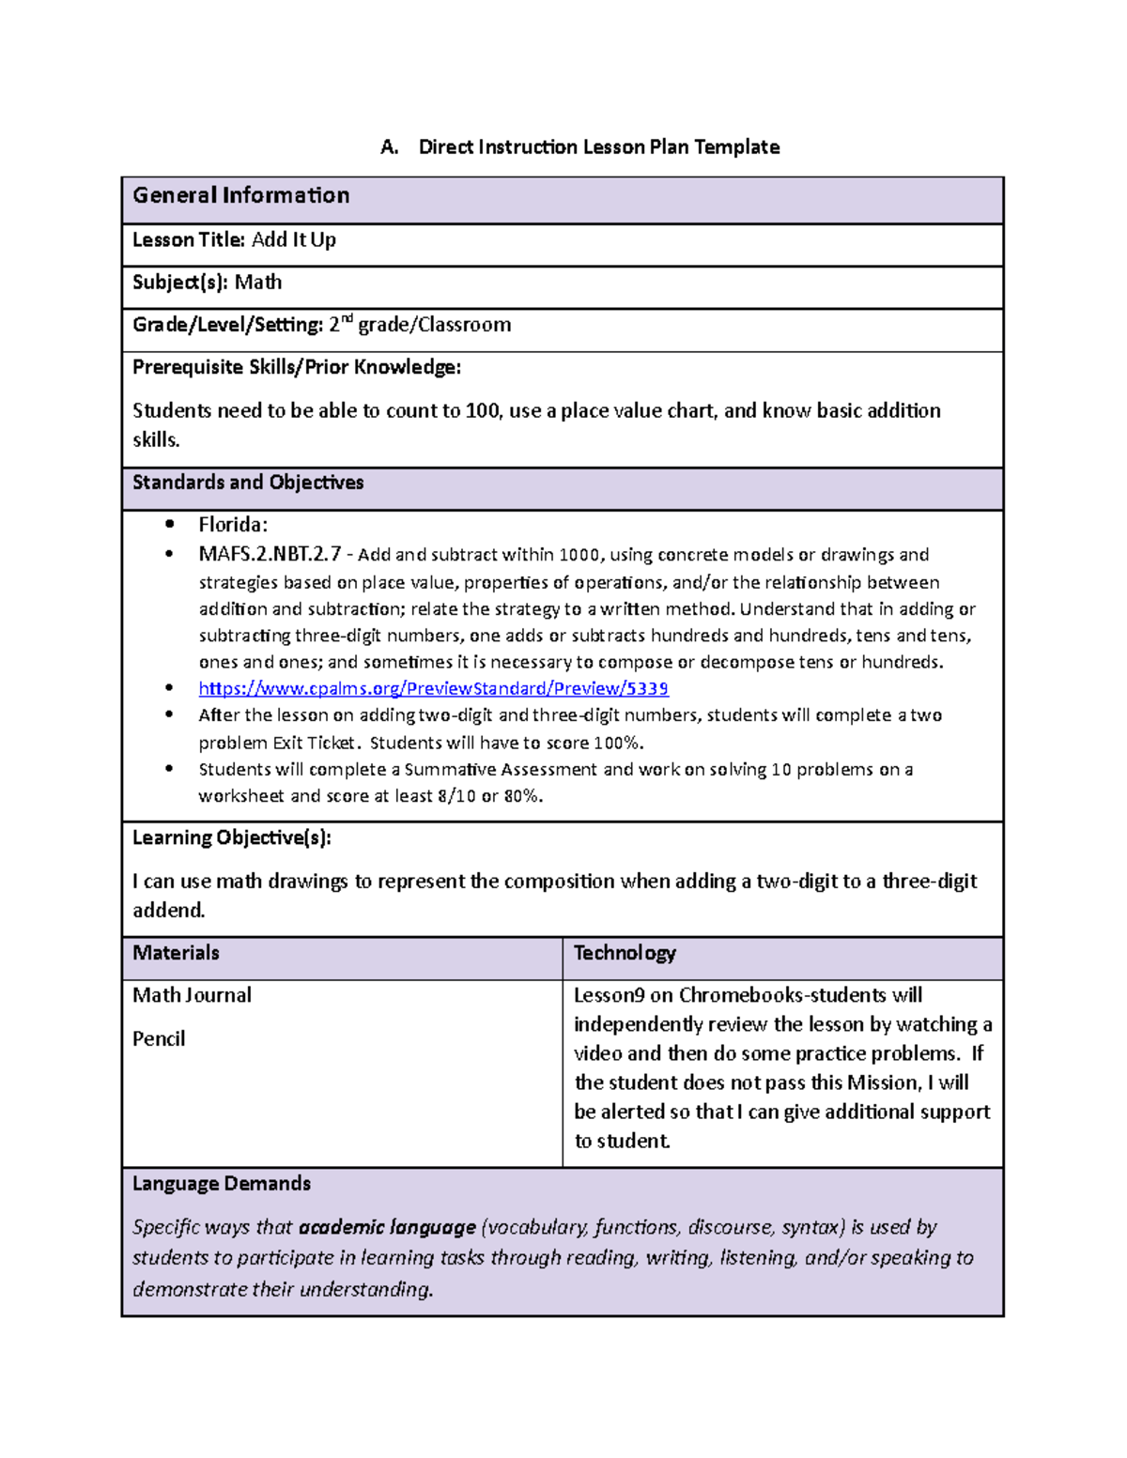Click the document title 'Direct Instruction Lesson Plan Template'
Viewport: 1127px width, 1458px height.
598,147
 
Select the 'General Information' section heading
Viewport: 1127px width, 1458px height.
240,195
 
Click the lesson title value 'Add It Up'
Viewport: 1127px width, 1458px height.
293,240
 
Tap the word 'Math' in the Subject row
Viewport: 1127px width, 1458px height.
258,283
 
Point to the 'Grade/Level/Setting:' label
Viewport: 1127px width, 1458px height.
227,325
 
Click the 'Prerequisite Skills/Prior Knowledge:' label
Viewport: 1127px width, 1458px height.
297,367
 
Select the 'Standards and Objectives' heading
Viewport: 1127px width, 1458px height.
248,483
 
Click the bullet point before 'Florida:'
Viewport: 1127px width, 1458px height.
169,525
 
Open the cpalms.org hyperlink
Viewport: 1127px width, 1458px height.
433,688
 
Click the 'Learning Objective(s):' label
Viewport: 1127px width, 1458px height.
231,837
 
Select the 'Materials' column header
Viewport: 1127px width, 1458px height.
176,953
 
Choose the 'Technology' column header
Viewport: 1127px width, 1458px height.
625,953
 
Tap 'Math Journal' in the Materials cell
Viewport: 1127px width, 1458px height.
192,995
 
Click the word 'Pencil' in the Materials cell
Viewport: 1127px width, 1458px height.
159,1038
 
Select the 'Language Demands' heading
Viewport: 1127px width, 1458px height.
222,1184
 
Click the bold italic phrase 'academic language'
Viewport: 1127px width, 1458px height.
387,1227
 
